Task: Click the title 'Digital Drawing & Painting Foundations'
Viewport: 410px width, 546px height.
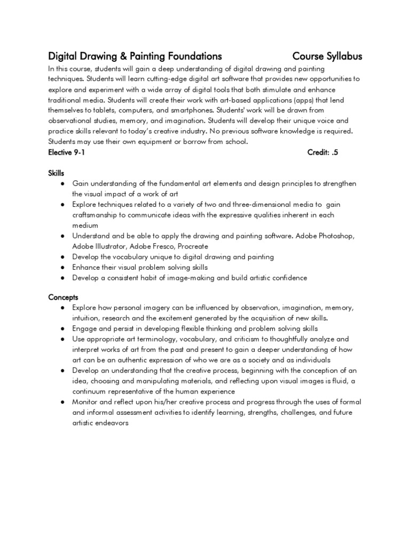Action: coord(135,56)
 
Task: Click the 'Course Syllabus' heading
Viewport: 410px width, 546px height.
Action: coord(327,56)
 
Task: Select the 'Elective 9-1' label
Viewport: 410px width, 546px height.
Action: coord(67,152)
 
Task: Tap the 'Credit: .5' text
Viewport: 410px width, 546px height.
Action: coord(323,152)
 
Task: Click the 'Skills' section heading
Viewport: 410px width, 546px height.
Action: coord(56,173)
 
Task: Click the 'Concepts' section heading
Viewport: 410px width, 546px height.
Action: coord(64,297)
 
